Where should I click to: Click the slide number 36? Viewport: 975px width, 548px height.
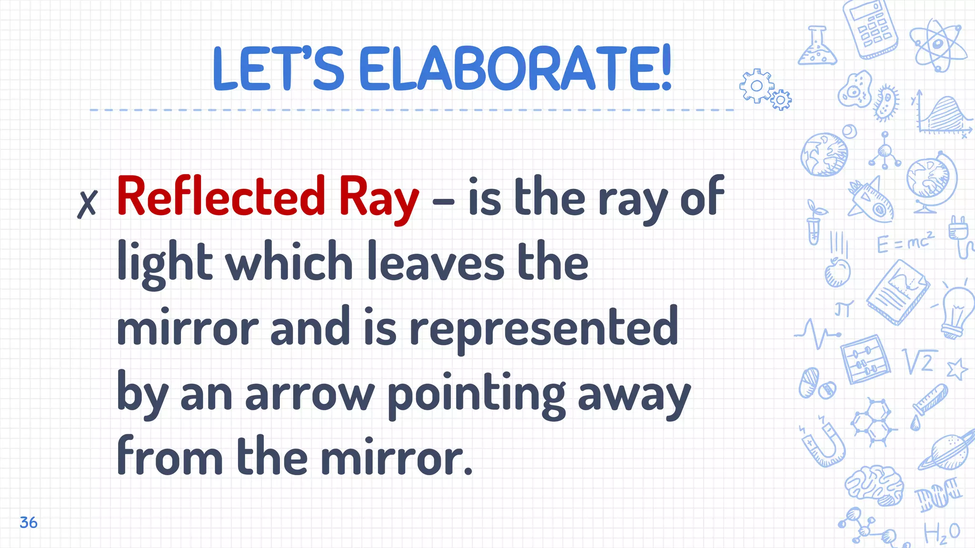29,522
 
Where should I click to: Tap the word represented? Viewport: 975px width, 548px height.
544,327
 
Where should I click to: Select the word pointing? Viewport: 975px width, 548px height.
477,394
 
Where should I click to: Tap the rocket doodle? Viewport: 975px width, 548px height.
871,200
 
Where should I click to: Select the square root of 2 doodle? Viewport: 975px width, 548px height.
920,361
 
